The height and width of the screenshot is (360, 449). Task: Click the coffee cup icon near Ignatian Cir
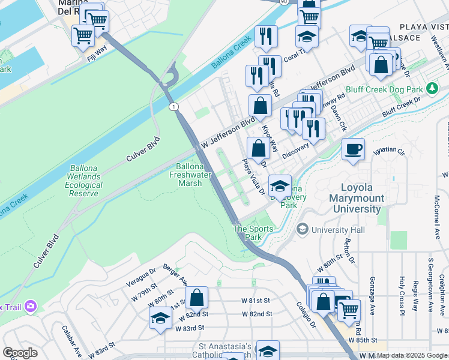(353, 149)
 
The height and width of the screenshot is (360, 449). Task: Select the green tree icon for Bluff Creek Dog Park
(432, 89)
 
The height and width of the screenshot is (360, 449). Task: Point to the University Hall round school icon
(303, 230)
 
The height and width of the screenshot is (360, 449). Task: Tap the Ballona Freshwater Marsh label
(194, 175)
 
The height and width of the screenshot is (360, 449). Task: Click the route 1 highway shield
(173, 106)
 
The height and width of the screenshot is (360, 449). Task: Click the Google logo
(20, 353)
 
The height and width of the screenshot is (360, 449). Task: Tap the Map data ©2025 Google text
(412, 355)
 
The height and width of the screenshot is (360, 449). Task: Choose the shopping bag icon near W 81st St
(196, 298)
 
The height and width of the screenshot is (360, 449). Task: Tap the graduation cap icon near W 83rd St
(160, 319)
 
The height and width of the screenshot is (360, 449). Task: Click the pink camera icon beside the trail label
(30, 307)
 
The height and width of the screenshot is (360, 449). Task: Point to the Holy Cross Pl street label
(402, 294)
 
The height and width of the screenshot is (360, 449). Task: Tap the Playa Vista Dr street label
(253, 176)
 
